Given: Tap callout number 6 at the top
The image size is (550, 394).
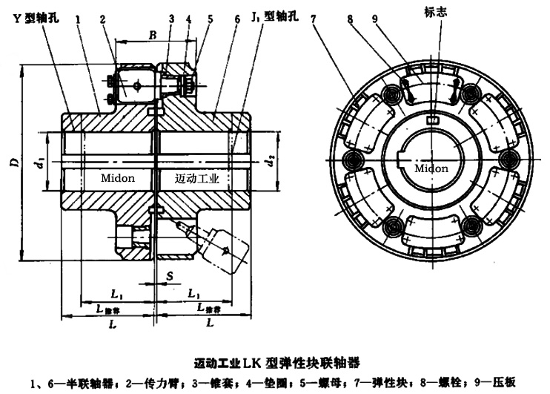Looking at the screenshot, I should (236, 18).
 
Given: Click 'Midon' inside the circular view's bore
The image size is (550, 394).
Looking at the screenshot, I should (431, 168).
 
